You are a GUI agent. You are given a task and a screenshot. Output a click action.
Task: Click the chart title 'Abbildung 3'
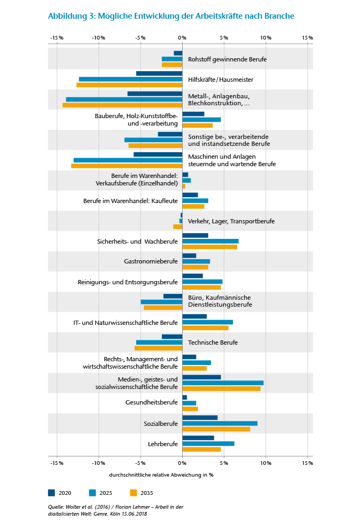pos(72,16)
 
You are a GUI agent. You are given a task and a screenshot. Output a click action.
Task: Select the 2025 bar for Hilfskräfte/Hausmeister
pos(130,79)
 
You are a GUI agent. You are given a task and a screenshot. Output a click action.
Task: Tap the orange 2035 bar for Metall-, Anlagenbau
pos(122,105)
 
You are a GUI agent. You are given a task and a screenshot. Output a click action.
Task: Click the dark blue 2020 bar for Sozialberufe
pos(200,417)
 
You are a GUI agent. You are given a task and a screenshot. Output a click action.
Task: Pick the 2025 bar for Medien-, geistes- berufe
pos(223,383)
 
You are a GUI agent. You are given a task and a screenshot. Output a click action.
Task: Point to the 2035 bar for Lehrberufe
pos(201,449)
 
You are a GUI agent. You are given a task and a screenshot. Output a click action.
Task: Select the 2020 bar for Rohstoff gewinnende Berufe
pos(178,53)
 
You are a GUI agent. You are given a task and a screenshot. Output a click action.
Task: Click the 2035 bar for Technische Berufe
pos(158,348)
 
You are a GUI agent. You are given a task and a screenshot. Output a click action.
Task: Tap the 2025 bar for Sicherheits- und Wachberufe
pos(210,241)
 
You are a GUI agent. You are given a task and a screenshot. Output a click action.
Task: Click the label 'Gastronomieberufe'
pos(151,261)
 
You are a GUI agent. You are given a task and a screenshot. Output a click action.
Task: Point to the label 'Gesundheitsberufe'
pos(152,402)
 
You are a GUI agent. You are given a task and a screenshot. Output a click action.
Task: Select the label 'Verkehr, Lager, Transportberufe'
pos(227,221)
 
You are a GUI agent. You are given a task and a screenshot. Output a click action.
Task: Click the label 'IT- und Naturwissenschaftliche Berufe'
pos(126,323)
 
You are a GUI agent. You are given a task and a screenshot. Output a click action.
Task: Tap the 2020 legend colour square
pos(52,493)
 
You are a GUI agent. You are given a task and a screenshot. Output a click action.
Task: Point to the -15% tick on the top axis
pos(57,38)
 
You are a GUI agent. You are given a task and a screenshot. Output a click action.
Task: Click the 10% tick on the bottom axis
pos(265,463)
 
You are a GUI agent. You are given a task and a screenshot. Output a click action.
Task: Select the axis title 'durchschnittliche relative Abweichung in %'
pos(161,474)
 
